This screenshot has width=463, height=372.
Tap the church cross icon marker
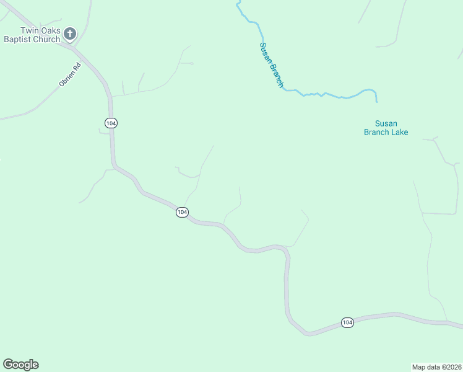(x=70, y=33)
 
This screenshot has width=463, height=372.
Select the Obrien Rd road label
(x=70, y=74)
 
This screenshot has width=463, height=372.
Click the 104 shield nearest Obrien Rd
(x=110, y=123)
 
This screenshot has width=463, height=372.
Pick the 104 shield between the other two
(x=181, y=212)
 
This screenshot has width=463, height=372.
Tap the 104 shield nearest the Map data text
(x=347, y=322)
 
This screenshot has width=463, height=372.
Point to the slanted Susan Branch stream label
(x=271, y=64)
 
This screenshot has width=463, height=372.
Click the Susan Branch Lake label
(x=386, y=128)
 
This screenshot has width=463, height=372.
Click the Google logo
(x=20, y=365)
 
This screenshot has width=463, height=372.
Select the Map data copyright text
(x=436, y=367)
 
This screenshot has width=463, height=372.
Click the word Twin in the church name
(x=29, y=30)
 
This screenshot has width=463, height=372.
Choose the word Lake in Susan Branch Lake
(x=399, y=132)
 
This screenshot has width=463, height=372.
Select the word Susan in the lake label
(x=386, y=123)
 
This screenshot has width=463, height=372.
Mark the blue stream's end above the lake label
(x=376, y=101)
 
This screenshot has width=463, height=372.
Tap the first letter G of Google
(x=8, y=364)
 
